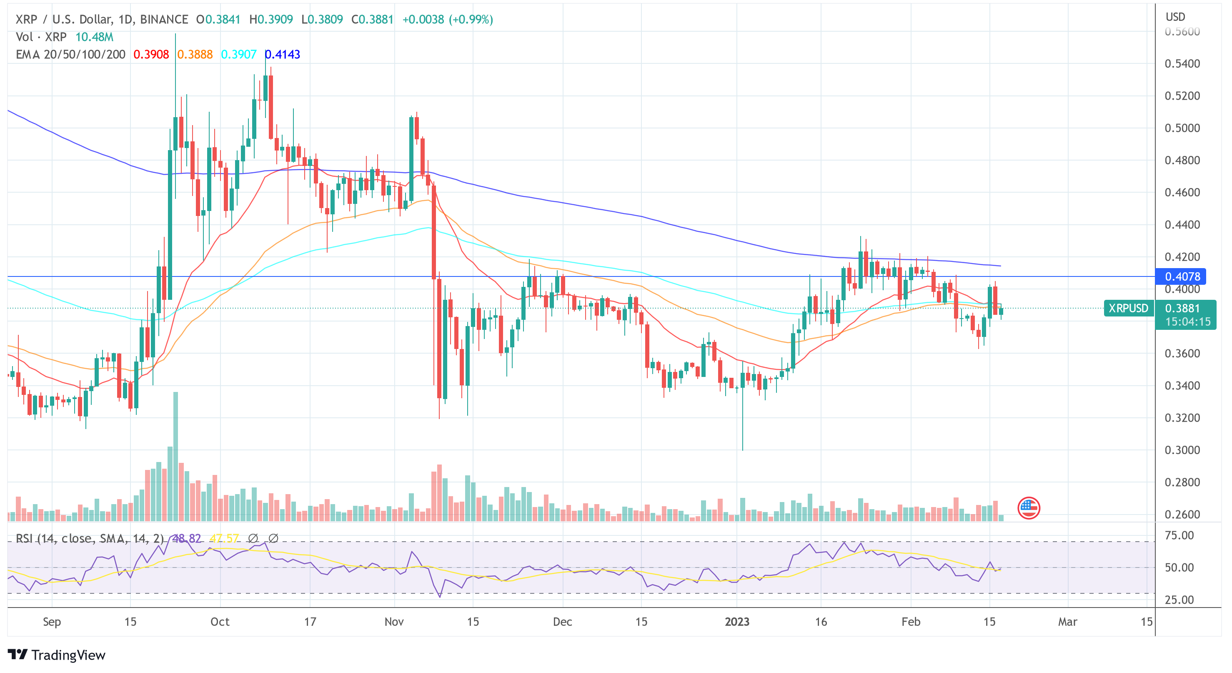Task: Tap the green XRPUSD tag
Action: (x=1128, y=308)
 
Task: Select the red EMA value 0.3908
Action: (x=150, y=55)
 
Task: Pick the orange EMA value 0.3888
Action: (x=195, y=55)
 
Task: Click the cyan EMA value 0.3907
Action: (x=239, y=55)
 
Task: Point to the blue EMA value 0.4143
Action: (x=282, y=55)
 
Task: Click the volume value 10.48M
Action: (x=94, y=37)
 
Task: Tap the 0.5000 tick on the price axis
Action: (x=1182, y=128)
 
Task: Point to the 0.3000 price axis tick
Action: (x=1182, y=450)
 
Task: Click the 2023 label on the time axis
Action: (x=736, y=622)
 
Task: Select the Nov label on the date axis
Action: (x=394, y=622)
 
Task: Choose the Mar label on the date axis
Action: (x=1067, y=622)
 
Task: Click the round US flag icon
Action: (x=1028, y=508)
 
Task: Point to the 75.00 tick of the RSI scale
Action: (x=1179, y=535)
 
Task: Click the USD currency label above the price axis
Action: (x=1175, y=17)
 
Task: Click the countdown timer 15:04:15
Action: (x=1187, y=322)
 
